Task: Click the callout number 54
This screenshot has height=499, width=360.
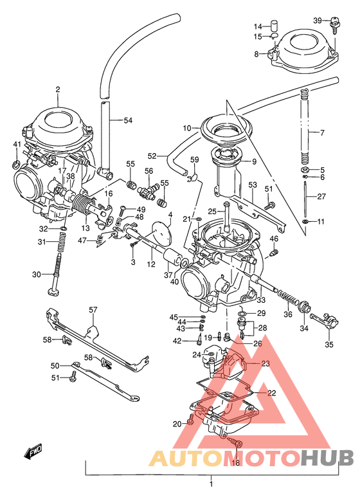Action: coord(128,120)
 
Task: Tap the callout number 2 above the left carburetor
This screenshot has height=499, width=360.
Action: coord(57,89)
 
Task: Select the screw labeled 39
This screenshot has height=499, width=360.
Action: coord(334,25)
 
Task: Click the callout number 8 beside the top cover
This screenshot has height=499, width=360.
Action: coord(256,55)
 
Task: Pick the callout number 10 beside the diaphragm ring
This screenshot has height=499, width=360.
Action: coord(187,128)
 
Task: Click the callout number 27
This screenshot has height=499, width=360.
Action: coord(321,197)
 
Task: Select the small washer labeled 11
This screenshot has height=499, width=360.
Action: coord(305,222)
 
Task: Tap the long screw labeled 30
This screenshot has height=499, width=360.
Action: coord(56,275)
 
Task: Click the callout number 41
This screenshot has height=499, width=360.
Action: coord(17,144)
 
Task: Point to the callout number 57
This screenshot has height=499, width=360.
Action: coord(93,310)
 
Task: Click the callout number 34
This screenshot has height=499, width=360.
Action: coord(303,328)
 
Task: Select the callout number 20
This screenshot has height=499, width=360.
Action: coord(177,424)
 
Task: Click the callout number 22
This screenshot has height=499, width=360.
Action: coord(271,393)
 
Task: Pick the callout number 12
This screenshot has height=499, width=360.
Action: coord(150,264)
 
